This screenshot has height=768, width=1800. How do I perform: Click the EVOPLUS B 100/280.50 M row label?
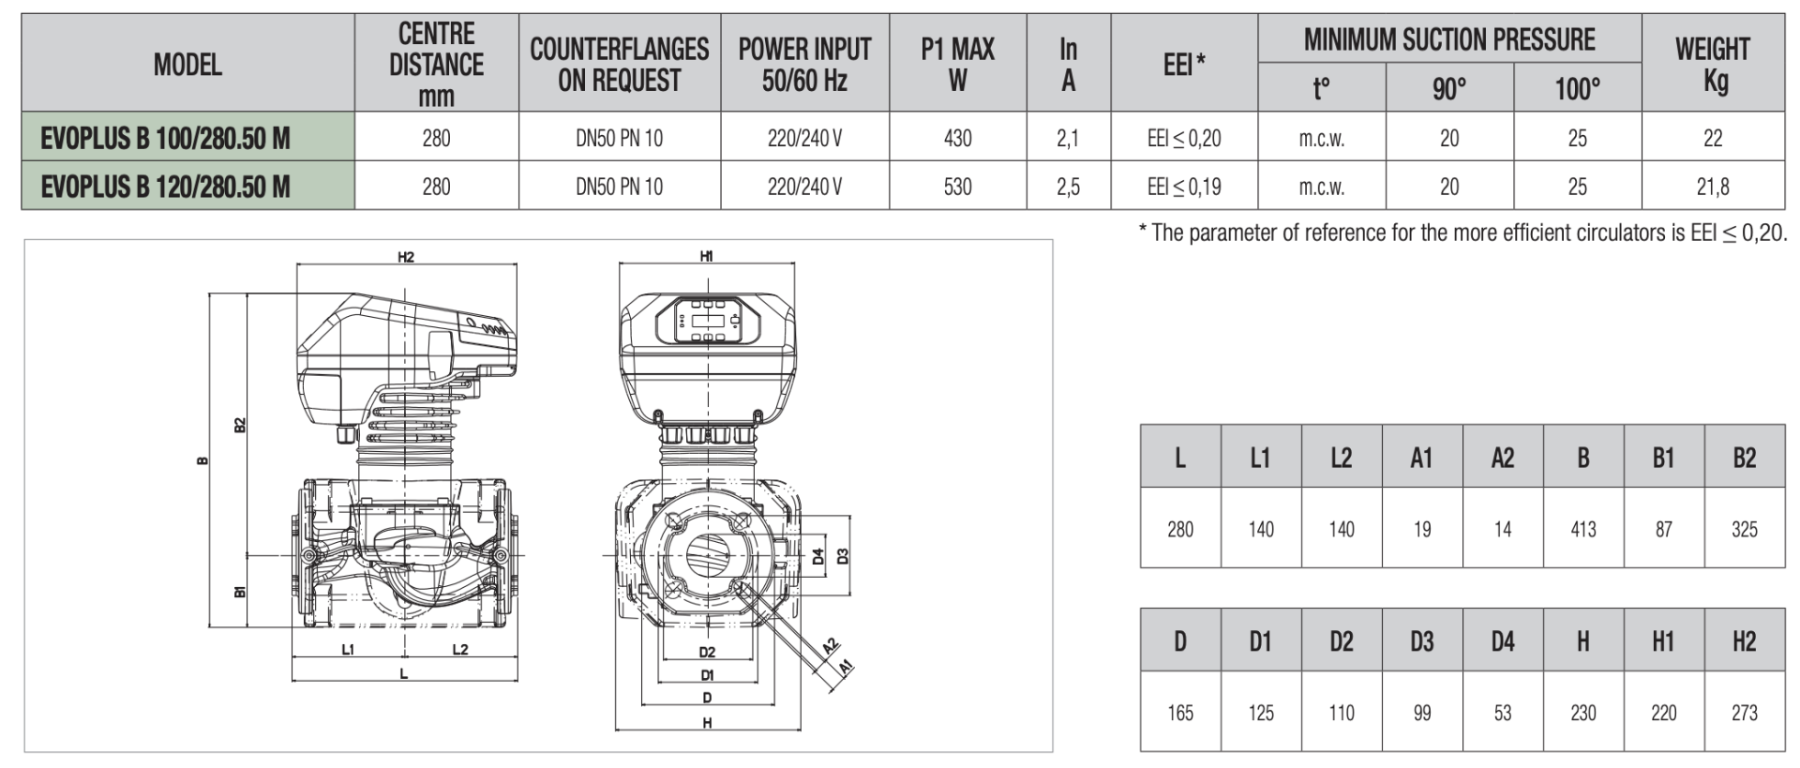165,138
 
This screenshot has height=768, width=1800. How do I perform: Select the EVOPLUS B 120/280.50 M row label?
165,187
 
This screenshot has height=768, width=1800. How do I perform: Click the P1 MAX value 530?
957,187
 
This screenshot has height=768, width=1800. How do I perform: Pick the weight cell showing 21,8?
1712,187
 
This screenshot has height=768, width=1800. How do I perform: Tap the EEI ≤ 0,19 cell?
1184,187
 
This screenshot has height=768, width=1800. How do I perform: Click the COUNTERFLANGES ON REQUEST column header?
619,64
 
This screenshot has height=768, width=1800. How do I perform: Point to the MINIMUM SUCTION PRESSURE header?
1448,39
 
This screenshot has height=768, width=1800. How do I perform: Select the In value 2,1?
1068,138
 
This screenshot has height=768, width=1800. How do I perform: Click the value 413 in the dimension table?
1582,529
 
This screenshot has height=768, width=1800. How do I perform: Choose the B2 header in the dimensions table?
1744,458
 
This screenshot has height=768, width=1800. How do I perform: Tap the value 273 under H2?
1744,713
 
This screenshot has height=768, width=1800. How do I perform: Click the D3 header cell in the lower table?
1421,641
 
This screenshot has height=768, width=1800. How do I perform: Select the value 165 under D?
1179,713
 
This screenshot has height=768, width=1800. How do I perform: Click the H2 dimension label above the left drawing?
405,256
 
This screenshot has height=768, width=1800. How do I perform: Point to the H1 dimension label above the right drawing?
707,256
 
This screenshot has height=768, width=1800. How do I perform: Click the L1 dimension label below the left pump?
348,649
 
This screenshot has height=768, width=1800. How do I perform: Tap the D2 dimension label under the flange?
707,652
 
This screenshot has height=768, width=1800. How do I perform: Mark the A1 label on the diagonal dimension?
845,667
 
